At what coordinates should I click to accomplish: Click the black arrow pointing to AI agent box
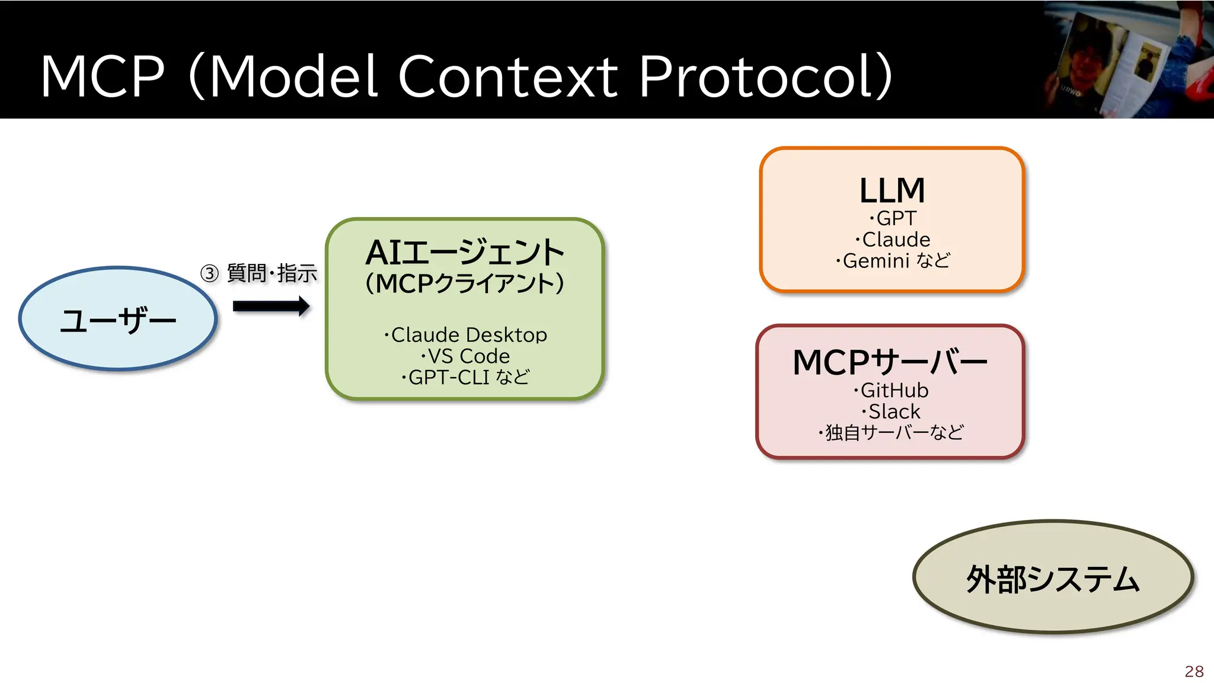point(271,307)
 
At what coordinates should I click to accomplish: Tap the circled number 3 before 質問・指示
point(209,273)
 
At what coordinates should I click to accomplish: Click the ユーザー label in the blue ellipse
point(118,320)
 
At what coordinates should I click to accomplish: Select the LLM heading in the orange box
point(892,191)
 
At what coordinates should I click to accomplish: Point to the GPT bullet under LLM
point(893,218)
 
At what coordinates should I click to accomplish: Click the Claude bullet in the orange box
point(893,240)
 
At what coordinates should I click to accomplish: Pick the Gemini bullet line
point(893,261)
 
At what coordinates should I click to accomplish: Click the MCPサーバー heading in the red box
point(890,362)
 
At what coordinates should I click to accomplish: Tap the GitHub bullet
point(892,390)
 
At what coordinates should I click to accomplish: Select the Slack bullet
point(892,411)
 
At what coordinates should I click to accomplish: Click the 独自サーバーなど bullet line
point(891,433)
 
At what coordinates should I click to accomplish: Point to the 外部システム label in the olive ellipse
point(1053,579)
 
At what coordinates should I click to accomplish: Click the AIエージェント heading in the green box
point(465,253)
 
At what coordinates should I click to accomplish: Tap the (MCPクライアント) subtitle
point(465,283)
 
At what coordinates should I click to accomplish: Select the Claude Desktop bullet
point(466,335)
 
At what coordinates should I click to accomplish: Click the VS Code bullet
point(466,356)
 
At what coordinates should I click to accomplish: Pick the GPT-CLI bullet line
point(466,377)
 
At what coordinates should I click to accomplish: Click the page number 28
point(1194,671)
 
